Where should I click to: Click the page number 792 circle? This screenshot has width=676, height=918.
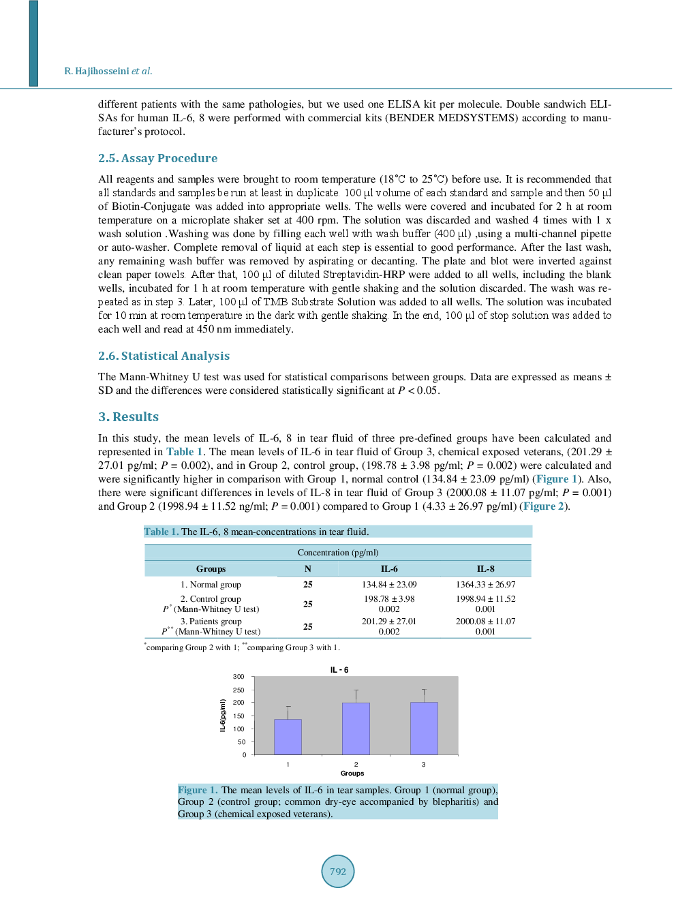click(337, 871)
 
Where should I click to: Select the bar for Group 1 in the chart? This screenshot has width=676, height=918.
click(288, 737)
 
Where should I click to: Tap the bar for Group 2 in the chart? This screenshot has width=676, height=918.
click(356, 729)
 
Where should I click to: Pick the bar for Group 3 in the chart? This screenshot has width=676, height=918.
click(424, 729)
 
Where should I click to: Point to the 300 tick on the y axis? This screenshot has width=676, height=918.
click(239, 677)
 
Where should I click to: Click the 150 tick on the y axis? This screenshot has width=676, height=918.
click(239, 716)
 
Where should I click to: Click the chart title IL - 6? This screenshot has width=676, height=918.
click(339, 670)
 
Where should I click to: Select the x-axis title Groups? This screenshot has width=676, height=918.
click(352, 774)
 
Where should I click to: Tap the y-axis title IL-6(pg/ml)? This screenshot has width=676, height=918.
click(223, 716)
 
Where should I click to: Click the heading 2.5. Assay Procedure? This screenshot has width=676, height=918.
click(157, 158)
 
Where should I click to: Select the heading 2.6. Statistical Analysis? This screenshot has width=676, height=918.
click(164, 356)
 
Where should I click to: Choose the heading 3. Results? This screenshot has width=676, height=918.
click(128, 417)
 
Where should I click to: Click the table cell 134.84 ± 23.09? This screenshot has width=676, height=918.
click(389, 585)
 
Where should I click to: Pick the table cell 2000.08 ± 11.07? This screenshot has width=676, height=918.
click(485, 622)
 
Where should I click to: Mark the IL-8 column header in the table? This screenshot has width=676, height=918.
click(485, 569)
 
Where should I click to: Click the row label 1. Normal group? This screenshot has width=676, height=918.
click(211, 585)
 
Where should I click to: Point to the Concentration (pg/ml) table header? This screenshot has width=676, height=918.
click(338, 553)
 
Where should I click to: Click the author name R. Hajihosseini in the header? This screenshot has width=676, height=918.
click(97, 71)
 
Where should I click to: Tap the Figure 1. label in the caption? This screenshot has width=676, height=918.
click(198, 791)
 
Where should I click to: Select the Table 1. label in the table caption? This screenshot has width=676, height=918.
click(162, 532)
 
